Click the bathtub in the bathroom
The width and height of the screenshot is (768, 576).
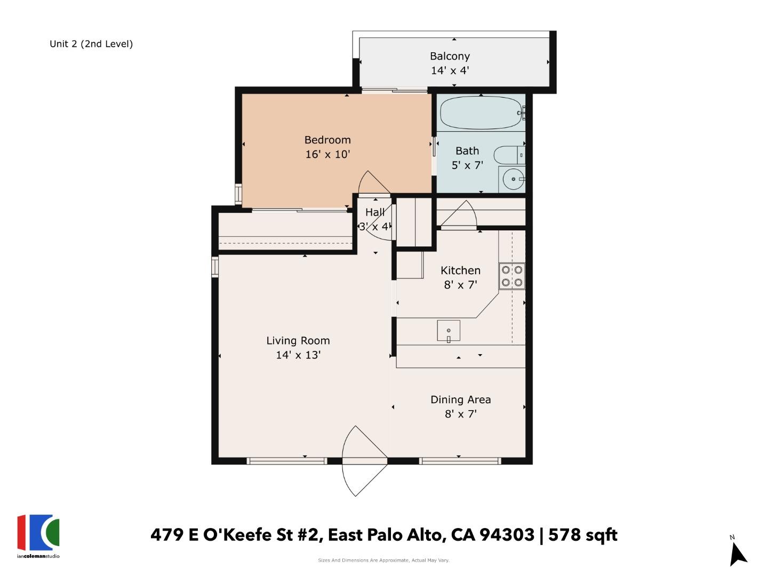483,113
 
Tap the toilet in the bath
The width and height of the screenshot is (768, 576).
509,155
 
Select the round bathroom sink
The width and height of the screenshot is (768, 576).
513,179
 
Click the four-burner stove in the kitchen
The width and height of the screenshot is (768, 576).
512,276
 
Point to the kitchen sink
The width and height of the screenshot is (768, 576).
448,331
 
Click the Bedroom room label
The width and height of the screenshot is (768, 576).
327,140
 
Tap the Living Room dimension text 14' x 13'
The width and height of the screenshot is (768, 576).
298,355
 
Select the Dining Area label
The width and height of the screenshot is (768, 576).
460,399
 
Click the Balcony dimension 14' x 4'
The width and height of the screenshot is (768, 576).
450,70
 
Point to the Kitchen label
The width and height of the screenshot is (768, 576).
460,270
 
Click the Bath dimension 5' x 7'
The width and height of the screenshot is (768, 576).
467,165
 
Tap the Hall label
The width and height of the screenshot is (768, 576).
375,212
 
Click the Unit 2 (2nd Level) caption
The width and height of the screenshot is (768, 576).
91,44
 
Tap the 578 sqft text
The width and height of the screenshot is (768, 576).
582,535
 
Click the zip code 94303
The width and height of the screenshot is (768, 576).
507,535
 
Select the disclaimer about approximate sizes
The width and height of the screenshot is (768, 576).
383,560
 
